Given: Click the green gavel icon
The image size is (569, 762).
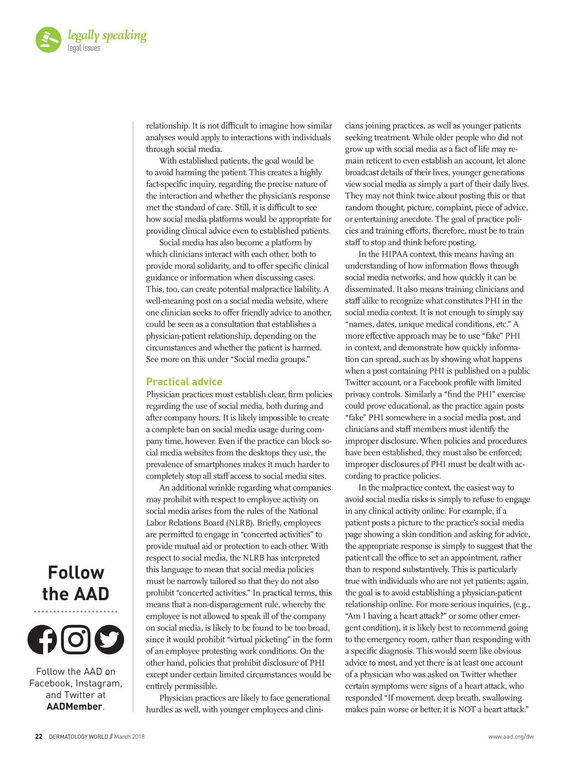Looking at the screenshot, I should point(48,39).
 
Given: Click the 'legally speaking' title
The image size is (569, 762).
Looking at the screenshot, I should point(107,36).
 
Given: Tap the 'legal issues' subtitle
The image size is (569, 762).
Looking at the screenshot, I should point(84,48).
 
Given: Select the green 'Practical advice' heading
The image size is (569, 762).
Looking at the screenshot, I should point(184,381).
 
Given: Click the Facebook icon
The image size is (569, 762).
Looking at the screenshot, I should point(42,640).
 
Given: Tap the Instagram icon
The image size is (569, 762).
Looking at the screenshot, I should point(76,640).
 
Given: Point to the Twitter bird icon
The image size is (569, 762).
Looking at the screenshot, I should point(110,640).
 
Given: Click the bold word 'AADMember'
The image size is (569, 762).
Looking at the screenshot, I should point(74,706).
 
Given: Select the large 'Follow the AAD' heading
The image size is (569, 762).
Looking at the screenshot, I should point(76,583).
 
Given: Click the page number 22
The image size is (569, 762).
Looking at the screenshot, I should point(39,736).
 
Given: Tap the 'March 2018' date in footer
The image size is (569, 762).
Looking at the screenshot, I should point(129,736).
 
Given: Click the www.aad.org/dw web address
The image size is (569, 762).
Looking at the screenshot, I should point(511,736).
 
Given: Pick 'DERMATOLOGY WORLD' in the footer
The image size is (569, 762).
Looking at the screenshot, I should point(78,736).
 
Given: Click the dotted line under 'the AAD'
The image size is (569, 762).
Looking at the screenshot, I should point(76,611).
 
